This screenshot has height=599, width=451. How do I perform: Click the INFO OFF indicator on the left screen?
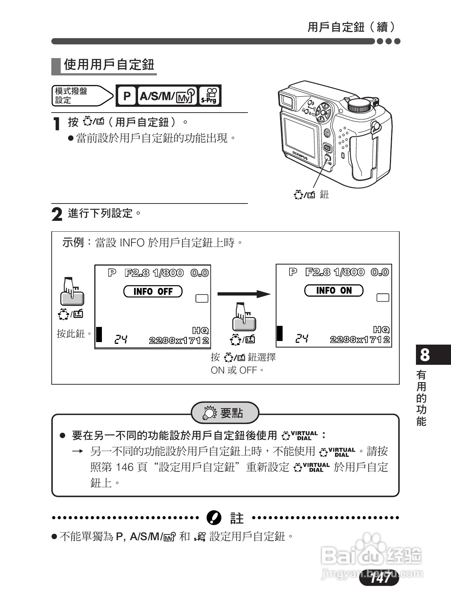[153, 291]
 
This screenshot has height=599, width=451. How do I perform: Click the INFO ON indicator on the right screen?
[334, 290]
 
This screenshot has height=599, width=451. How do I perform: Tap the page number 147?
[379, 578]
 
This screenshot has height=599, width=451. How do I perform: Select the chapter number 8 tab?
[425, 355]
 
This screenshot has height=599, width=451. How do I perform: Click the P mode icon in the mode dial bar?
[126, 96]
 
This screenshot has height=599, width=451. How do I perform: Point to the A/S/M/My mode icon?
[167, 96]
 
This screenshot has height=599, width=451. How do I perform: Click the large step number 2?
[57, 214]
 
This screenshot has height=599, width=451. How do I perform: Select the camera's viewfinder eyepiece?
[286, 100]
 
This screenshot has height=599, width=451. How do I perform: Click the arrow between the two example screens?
[244, 294]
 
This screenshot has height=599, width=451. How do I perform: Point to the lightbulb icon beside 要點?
[209, 413]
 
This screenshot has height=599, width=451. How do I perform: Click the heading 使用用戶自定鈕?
[109, 65]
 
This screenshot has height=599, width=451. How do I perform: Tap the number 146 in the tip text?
[125, 467]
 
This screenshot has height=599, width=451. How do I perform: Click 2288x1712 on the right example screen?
[360, 339]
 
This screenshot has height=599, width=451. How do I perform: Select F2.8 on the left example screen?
[137, 273]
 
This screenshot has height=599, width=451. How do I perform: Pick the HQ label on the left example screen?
[200, 330]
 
